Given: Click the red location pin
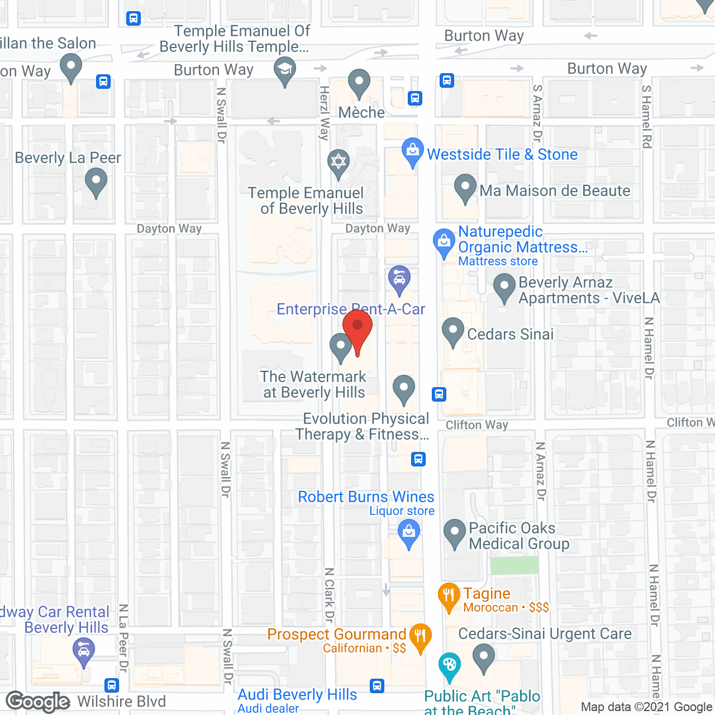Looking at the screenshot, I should (357, 327).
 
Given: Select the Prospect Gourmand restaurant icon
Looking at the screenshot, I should (420, 636).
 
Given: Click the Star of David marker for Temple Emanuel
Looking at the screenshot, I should (339, 163).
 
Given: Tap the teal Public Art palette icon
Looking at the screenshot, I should (449, 665).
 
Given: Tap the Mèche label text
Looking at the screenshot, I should (361, 113).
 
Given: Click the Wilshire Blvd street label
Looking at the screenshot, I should (121, 702).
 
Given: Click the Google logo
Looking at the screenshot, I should (38, 702).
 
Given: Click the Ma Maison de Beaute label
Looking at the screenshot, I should (555, 191).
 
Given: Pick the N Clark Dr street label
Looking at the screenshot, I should (330, 595).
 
